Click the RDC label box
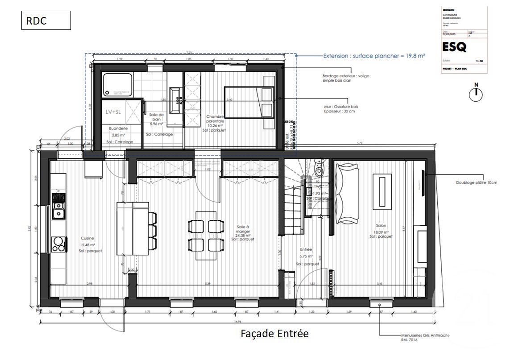pyautogui.click(x=46, y=21)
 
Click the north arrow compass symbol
pyautogui.click(x=476, y=93)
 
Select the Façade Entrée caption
pyautogui.click(x=274, y=333)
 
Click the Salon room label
pyautogui.click(x=381, y=226)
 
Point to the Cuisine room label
pyautogui.click(x=87, y=238)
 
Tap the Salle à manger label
pyautogui.click(x=243, y=230)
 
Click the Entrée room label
pyautogui.click(x=306, y=250)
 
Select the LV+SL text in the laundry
pyautogui.click(x=113, y=112)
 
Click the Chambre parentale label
pyautogui.click(x=215, y=119)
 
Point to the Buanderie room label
pyautogui.click(x=118, y=128)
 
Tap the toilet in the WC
pyautogui.click(x=319, y=170)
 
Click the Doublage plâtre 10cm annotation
pyautogui.click(x=476, y=182)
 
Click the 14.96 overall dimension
pyautogui.click(x=237, y=319)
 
